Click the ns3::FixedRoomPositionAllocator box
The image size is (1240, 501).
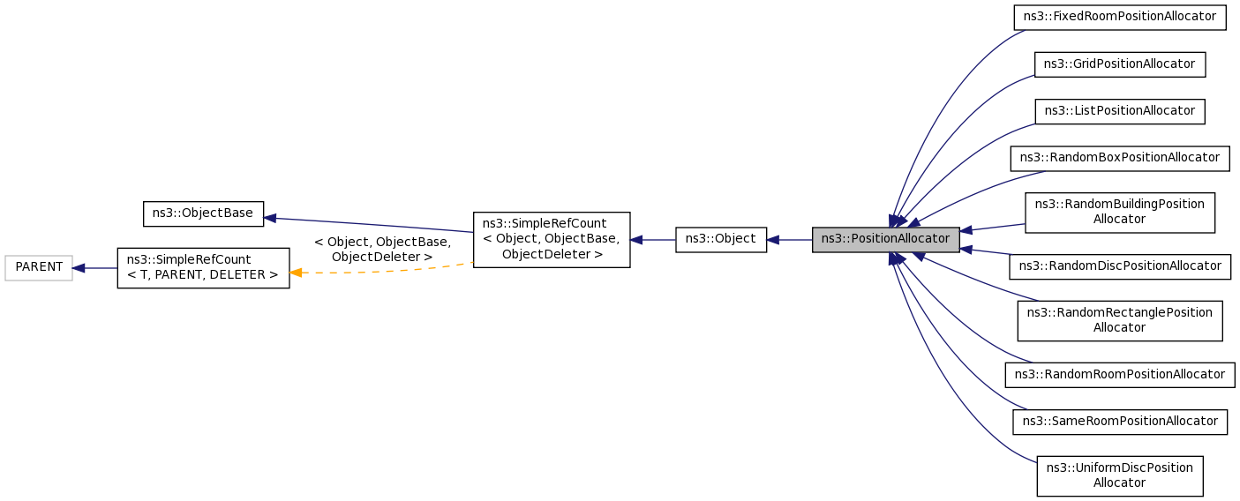pos(1120,18)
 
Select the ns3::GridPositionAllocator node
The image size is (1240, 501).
pos(1120,64)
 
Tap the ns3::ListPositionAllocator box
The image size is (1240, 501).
pos(1120,112)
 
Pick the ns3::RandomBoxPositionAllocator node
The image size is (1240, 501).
pos(1120,159)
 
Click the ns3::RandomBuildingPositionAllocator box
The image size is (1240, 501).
pos(1120,213)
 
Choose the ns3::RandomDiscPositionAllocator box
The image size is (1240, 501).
pos(1120,267)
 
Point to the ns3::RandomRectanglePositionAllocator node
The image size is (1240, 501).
pos(1120,321)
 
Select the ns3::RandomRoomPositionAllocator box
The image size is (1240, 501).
pos(1120,375)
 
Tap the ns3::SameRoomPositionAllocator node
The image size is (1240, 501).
pos(1120,422)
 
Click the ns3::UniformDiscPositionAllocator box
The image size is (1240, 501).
pos(1120,476)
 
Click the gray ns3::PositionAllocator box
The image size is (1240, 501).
pos(886,240)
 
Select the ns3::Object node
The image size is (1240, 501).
pos(721,240)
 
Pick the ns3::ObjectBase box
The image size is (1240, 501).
pos(203,214)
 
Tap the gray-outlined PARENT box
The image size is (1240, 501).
pos(39,268)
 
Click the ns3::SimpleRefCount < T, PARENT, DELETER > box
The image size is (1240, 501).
pos(203,268)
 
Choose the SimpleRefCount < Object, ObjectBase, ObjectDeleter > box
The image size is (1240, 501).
pos(552,240)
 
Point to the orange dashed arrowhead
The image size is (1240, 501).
pos(296,273)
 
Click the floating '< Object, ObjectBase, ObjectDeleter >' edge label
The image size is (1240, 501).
pos(382,250)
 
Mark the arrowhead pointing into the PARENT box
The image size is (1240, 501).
pos(79,268)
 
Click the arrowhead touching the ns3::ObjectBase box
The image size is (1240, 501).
pos(270,219)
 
